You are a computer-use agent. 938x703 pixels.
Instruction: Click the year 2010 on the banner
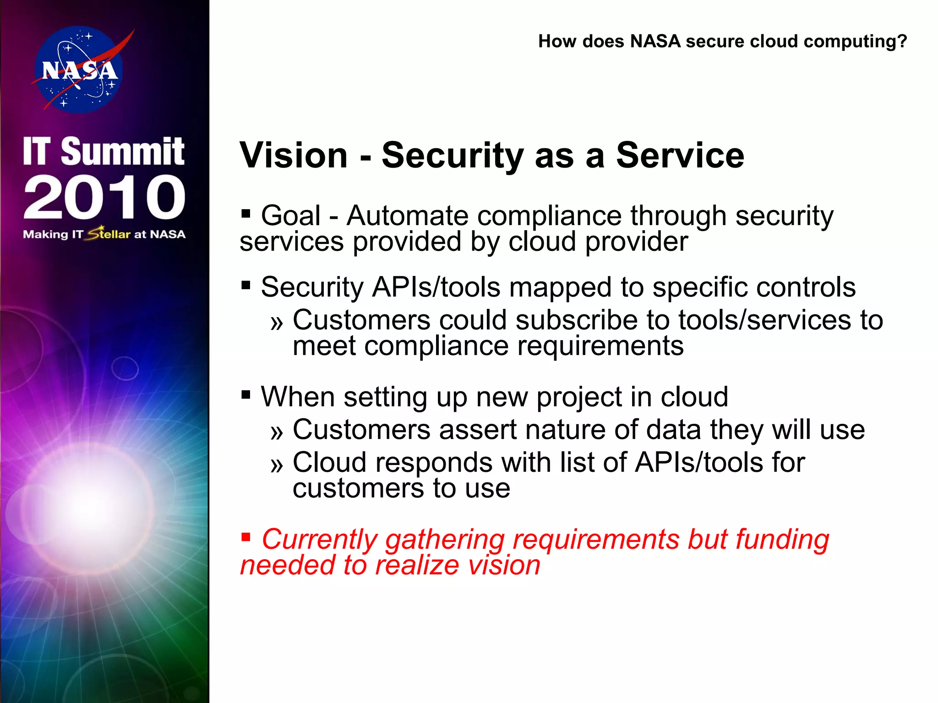pos(104,197)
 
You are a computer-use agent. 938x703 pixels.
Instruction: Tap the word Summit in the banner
pos(123,151)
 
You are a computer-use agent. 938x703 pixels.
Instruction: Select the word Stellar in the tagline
pos(109,234)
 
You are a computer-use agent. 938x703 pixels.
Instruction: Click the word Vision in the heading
pos(294,156)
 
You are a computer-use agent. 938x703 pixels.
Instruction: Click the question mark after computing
pos(902,42)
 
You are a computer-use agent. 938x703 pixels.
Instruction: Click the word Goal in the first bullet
pos(291,216)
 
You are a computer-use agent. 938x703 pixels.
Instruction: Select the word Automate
pos(407,216)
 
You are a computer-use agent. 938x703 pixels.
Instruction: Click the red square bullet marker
pos(246,536)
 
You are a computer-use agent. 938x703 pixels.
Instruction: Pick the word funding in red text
pos(782,539)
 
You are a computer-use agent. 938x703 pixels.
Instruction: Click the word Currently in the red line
pos(319,539)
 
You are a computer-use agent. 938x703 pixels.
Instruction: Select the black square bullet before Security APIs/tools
pos(246,286)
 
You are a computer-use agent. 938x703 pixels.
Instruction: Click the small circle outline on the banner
pos(125,368)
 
